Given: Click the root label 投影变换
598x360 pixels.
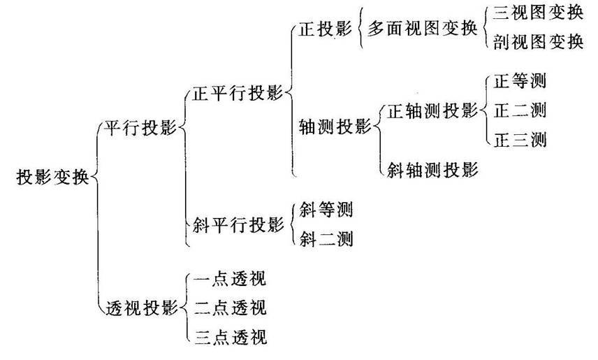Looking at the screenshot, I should [52, 177].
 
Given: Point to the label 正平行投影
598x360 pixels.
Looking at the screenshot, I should [237, 92].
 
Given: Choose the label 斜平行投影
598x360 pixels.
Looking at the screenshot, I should [237, 224].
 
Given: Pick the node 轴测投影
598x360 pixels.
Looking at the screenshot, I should [334, 127].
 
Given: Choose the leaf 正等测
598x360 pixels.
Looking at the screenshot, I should [519, 80].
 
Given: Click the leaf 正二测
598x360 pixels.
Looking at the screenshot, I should [519, 110].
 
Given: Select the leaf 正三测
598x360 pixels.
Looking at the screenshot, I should [519, 139].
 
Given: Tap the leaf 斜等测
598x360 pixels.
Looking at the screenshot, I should [326, 209].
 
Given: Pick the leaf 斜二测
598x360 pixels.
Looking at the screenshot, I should [326, 239].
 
